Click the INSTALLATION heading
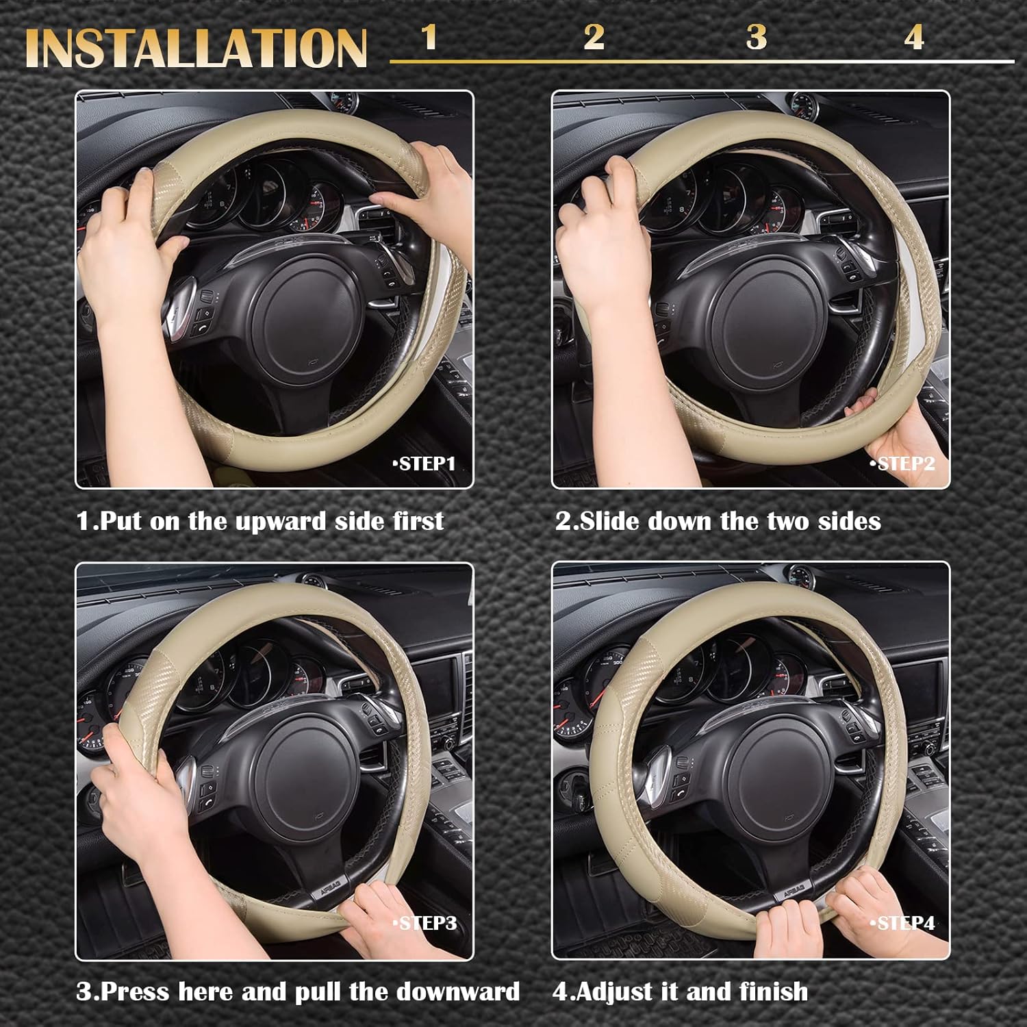point(196,48)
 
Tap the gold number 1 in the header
point(429,37)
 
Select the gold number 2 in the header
point(594,37)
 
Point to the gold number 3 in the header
point(756,37)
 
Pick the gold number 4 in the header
point(914,37)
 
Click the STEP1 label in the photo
point(424,464)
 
